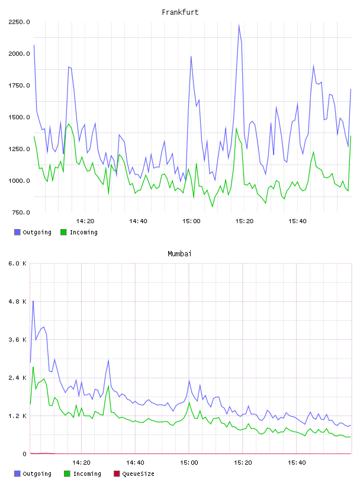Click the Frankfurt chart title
180,12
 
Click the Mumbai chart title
179,254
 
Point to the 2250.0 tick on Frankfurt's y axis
19,22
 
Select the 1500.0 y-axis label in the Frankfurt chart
19,117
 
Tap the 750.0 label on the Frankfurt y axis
21,212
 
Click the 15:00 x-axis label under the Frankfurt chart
191,221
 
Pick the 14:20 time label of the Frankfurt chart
85,221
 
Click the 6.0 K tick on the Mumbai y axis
18,263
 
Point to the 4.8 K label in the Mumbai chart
18,301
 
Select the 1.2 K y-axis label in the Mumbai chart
18,416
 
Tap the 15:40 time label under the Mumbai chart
297,463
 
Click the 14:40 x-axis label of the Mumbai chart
135,463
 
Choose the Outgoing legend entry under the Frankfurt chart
33,232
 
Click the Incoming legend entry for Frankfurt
79,232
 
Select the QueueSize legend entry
134,474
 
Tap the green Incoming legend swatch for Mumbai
67,474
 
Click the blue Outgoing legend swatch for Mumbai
17,474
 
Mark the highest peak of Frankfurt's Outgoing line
239,25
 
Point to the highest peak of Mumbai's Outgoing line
33,301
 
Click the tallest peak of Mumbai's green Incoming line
33,367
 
